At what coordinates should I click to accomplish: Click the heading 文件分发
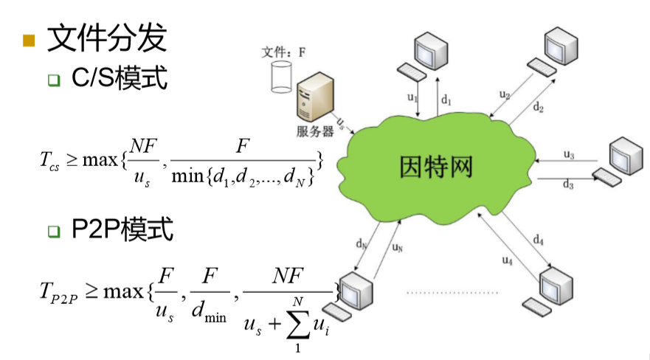(x=106, y=38)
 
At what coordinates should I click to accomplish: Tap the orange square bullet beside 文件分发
(x=29, y=40)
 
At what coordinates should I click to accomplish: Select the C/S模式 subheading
(x=118, y=78)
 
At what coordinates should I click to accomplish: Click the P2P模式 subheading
(x=122, y=230)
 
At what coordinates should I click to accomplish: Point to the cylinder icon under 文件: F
(x=281, y=77)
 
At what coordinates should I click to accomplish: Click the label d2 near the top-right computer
(x=539, y=108)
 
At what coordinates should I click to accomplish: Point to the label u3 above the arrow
(x=569, y=154)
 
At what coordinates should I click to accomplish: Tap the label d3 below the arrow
(x=568, y=184)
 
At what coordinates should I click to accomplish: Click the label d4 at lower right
(x=539, y=240)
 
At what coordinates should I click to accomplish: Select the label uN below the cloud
(x=398, y=248)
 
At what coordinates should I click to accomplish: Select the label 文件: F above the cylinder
(x=284, y=52)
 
